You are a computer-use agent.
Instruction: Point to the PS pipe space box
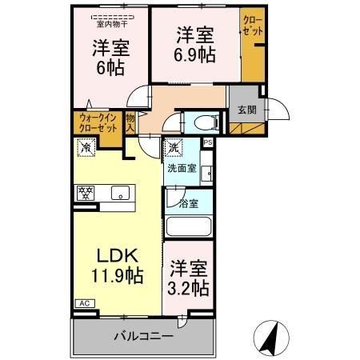point(208,143)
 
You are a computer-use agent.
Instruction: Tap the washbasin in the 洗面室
point(206,173)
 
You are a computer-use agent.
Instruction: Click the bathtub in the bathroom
point(189,227)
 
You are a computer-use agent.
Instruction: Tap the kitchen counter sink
point(121,193)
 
